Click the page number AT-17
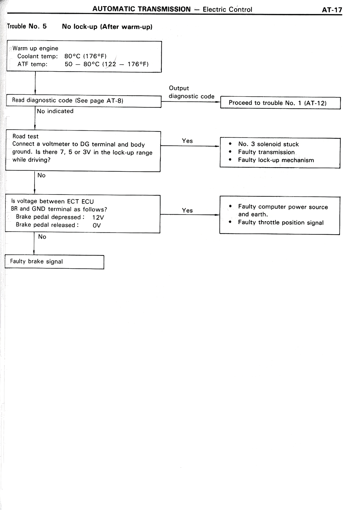coord(332,10)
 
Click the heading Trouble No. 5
coord(27,26)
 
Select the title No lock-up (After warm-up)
coord(107,27)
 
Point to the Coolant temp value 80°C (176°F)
coord(85,56)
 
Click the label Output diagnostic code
coord(191,92)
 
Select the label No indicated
coord(55,111)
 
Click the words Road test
coord(25,136)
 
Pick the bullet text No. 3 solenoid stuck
coord(268,144)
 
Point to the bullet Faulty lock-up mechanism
coord(276,160)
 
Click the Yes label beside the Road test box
coord(187,141)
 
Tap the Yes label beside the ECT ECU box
coord(187,210)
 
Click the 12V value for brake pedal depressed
coord(98,218)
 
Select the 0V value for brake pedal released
coord(96,225)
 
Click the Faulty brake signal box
coord(54,262)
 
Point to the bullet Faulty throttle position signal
coord(280,223)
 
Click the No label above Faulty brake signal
coord(42,237)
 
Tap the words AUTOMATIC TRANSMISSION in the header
coord(141,9)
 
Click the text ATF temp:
coord(32,64)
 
